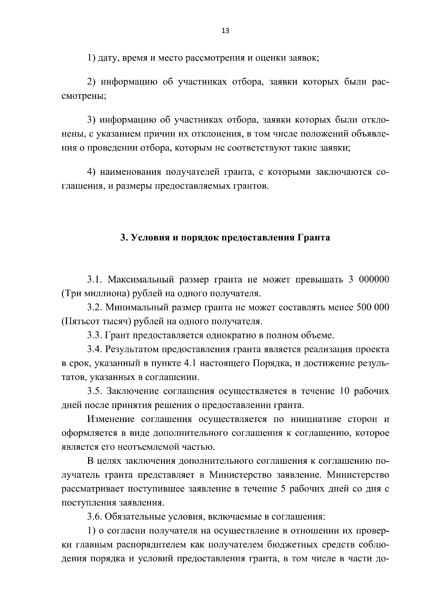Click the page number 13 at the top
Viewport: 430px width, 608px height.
pyautogui.click(x=225, y=31)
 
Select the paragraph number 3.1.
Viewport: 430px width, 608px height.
pyautogui.click(x=95, y=279)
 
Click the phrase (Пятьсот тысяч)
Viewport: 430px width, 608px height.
pyautogui.click(x=96, y=321)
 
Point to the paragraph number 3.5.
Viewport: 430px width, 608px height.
pyautogui.click(x=95, y=391)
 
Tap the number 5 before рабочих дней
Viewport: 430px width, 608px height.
pyautogui.click(x=283, y=489)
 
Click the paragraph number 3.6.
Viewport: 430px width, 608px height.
pyautogui.click(x=95, y=517)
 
